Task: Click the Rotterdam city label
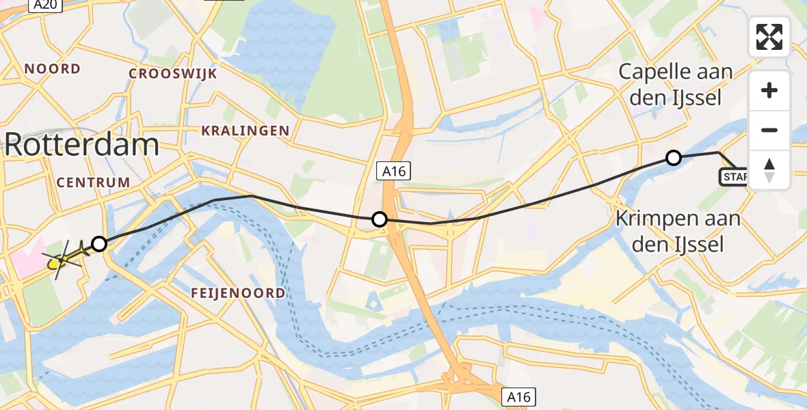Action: (82, 144)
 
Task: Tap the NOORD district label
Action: (53, 69)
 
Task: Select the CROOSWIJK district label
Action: (172, 74)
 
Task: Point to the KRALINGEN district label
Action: (245, 131)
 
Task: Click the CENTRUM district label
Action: (93, 182)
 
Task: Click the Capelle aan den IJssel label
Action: (675, 84)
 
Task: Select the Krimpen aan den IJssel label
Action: (678, 231)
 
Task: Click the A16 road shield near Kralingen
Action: (394, 172)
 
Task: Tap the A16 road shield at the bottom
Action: (519, 396)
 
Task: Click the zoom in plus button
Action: (769, 90)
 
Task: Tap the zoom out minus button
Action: (769, 130)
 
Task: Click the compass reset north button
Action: (769, 169)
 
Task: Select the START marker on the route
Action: (735, 178)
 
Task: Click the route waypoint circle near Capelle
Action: (674, 159)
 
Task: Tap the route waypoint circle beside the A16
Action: (379, 219)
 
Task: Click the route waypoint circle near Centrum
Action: (99, 244)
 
